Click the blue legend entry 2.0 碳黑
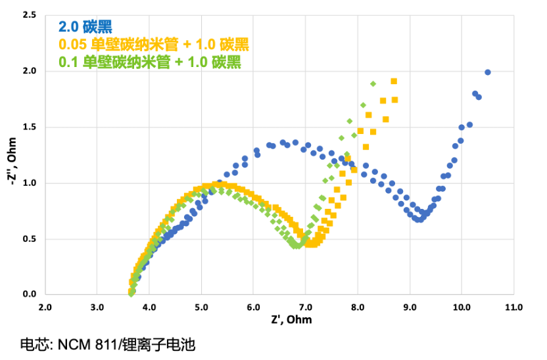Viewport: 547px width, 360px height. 85,28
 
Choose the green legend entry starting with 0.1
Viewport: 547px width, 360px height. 149,63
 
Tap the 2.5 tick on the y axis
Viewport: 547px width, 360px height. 28,14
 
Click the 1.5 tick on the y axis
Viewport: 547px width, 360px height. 28,127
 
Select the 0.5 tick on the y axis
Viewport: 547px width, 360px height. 28,238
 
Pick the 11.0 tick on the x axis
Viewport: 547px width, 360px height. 513,307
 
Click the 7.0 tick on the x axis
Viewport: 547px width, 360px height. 305,307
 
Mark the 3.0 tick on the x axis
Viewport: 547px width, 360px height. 97,307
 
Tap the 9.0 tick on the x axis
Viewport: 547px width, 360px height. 410,307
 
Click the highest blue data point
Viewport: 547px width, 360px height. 487,72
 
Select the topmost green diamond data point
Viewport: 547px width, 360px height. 373,83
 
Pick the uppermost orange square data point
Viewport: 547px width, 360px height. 394,81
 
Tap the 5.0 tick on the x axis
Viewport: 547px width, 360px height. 201,307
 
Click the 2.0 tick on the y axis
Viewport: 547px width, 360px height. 28,70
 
